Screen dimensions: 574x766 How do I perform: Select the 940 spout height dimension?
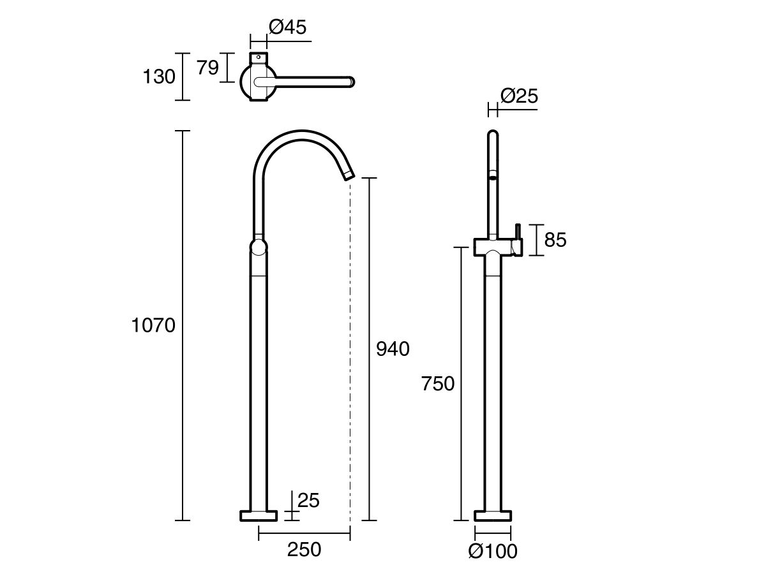coord(392,349)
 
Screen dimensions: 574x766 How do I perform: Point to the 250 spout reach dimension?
coord(304,549)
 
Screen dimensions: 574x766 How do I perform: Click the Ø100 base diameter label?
coord(492,551)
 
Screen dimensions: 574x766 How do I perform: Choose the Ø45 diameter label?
coord(287,27)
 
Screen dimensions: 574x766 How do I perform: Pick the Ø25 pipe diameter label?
coord(519,96)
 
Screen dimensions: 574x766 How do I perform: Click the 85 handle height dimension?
coord(555,240)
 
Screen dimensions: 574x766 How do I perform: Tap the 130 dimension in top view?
coord(158,77)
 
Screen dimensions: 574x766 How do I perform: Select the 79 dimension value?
coord(207,68)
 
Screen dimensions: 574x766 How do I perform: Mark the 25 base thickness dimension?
coord(308,501)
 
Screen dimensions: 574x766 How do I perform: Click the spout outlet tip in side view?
coord(348,174)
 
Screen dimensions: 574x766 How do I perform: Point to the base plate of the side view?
coord(258,515)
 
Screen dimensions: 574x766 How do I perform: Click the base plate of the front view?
coord(493,515)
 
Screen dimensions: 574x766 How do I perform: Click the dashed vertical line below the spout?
coord(350,351)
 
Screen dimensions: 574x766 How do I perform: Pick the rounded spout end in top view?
coord(350,81)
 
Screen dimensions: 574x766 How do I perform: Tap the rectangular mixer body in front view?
coord(494,247)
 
